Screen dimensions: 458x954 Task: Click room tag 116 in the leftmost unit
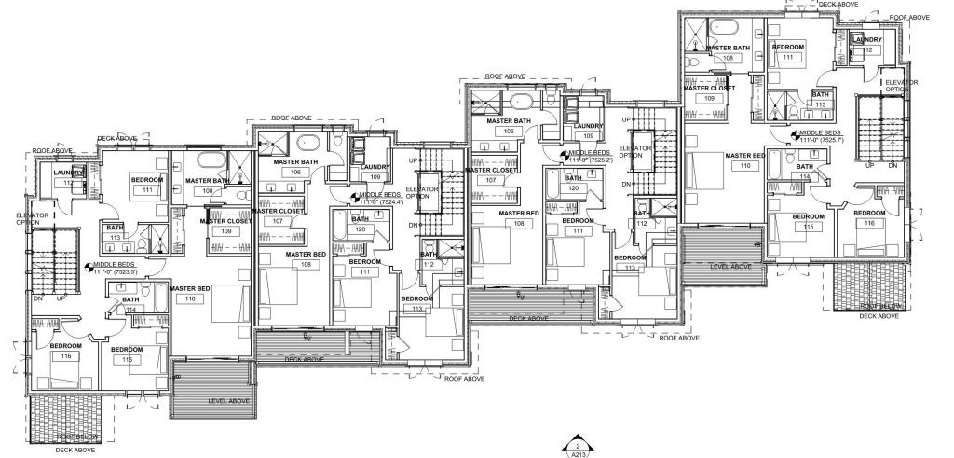coord(65,356)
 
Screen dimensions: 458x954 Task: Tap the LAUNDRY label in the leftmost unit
coord(69,173)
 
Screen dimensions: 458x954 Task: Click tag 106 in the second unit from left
coord(295,173)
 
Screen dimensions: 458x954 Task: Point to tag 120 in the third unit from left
coord(573,187)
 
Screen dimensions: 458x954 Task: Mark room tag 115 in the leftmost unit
coord(125,360)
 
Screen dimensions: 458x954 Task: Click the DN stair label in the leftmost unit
coord(39,298)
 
